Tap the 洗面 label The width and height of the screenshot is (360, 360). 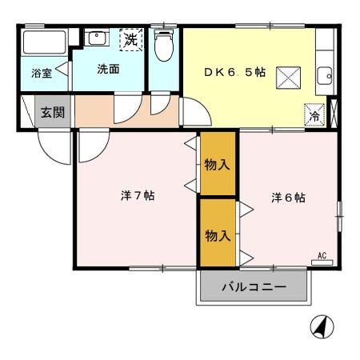tap(108, 69)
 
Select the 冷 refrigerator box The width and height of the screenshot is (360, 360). tap(314, 114)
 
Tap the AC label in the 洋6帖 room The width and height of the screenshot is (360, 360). tap(322, 256)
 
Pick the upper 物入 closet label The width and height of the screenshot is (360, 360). tap(218, 165)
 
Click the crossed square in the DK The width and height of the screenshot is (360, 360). tap(286, 77)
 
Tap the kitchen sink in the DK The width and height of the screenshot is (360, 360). tap(325, 76)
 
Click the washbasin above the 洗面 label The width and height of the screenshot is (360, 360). tap(97, 38)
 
